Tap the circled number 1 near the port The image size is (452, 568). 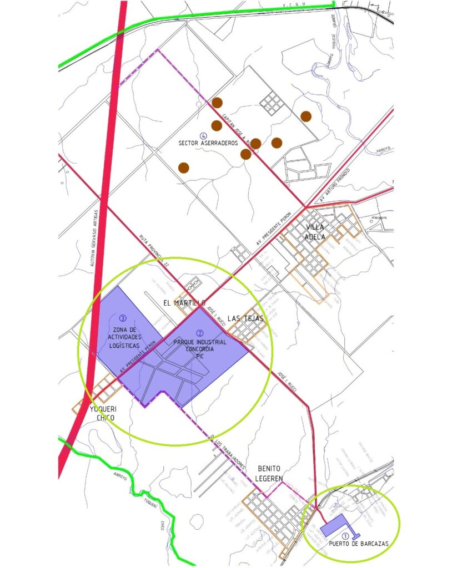tap(345, 536)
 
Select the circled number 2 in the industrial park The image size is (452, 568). tap(199, 333)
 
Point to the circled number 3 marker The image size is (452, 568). tap(123, 318)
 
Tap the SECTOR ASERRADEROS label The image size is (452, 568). tap(208, 143)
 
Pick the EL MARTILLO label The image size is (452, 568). tap(184, 303)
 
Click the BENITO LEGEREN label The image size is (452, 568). tap(269, 473)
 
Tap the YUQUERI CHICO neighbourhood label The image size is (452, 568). tap(102, 413)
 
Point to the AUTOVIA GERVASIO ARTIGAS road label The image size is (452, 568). tap(95, 239)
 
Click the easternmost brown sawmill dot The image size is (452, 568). tap(305, 116)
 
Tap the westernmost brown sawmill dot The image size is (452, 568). tap(184, 167)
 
